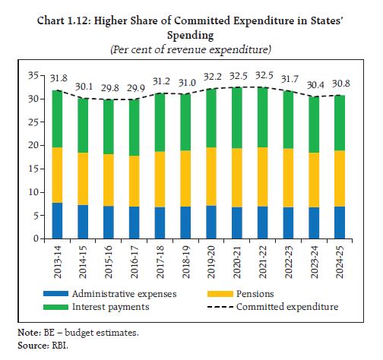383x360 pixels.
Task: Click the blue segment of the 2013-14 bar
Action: pos(57,220)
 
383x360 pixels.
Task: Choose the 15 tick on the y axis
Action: pos(31,169)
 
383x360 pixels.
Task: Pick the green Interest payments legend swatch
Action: pos(59,306)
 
